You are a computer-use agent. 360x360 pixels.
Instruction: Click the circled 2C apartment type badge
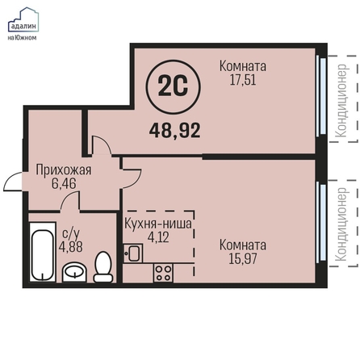pos(174,87)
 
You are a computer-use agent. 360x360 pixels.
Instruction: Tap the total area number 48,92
pos(175,131)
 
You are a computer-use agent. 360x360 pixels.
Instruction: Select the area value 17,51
pos(243,80)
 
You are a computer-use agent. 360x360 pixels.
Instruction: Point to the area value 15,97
pos(243,258)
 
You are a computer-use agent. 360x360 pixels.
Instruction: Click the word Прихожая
pos(64,170)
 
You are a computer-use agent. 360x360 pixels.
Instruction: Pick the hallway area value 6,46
pos(64,184)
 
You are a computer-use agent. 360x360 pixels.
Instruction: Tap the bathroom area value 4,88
pos(71,246)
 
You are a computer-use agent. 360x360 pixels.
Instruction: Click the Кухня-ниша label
pos(158,224)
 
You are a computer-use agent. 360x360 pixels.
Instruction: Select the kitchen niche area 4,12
pos(158,237)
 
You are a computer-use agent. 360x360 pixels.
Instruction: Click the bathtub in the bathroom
pos(42,252)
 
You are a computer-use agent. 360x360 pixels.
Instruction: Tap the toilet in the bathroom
pos(103,267)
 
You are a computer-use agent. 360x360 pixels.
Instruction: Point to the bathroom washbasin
pos(74,271)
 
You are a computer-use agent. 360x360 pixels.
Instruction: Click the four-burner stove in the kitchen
pos(163,273)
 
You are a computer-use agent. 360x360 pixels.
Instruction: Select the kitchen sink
pos(133,253)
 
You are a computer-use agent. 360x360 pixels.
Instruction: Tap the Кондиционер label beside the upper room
pos(341,101)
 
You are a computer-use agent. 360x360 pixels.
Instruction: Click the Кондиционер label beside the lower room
pos(341,224)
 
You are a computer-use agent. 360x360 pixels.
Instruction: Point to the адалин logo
pos(23,23)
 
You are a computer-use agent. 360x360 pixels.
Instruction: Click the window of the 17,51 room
pos(322,95)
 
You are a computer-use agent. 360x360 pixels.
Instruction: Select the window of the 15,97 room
pos(322,222)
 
